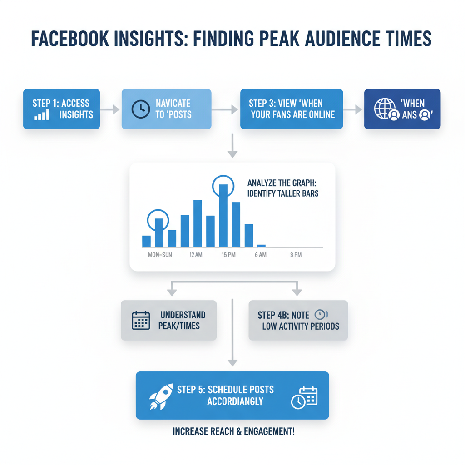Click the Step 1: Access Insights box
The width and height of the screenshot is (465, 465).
click(x=61, y=109)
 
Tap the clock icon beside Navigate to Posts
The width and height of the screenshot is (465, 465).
click(x=140, y=109)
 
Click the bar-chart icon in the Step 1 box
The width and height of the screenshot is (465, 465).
click(x=42, y=114)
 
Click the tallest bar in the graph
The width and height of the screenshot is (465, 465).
click(x=223, y=215)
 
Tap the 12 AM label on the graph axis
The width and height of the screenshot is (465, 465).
click(x=196, y=255)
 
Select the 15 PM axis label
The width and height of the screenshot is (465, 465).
click(x=228, y=255)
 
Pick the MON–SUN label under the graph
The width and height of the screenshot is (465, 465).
click(x=160, y=255)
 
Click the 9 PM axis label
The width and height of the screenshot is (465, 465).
click(x=296, y=255)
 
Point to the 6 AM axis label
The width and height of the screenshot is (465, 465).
click(x=261, y=255)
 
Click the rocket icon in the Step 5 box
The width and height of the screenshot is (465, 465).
click(x=161, y=396)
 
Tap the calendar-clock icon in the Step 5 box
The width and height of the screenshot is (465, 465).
click(x=304, y=397)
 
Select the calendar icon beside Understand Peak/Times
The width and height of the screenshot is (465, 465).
click(x=141, y=320)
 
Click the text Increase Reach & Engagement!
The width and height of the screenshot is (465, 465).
click(x=233, y=431)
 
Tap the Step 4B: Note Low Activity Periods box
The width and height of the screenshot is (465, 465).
click(x=298, y=320)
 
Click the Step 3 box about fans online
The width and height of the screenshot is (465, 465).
click(x=292, y=109)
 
